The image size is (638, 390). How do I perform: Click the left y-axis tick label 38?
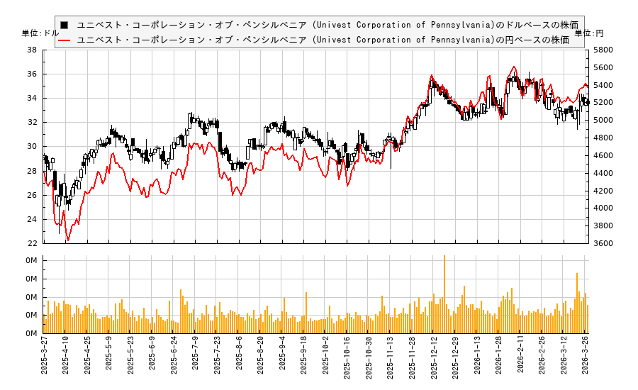[33, 50]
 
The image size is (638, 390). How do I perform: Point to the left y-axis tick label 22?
[33, 243]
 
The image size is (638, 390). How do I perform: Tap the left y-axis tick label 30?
[33, 147]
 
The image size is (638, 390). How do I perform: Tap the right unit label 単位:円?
[589, 33]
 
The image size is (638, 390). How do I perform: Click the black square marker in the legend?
[65, 25]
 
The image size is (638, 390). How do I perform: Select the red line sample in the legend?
[65, 40]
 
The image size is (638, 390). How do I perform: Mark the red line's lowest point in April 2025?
[67, 240]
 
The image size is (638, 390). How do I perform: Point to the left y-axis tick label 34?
[33, 99]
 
